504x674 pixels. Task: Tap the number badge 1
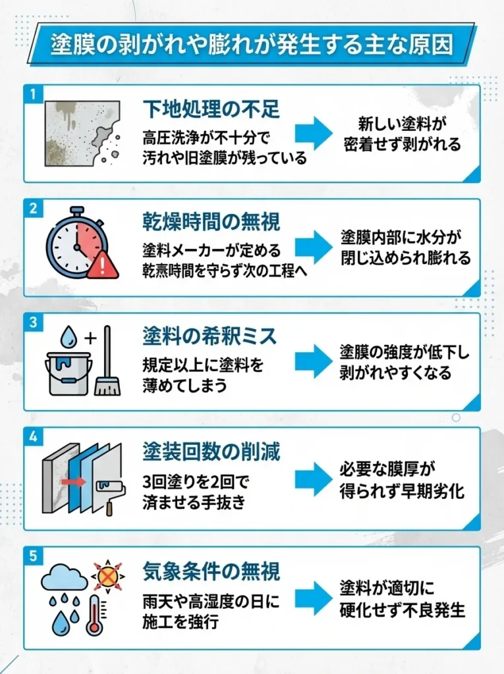pos(31,93)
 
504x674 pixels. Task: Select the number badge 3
pos(31,321)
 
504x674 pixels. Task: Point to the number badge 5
pos(31,555)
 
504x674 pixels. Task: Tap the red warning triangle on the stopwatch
pos(103,265)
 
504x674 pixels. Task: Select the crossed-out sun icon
pos(106,577)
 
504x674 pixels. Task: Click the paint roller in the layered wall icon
pos(105,488)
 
